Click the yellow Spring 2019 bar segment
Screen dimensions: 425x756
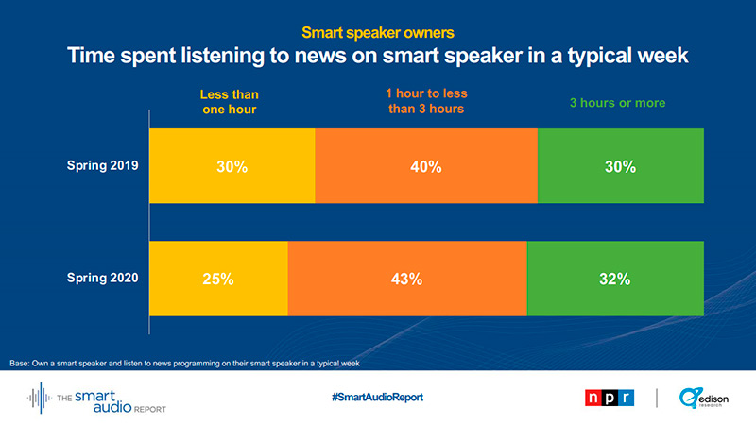232,166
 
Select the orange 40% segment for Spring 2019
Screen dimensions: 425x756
426,166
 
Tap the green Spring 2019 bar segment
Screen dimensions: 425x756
621,166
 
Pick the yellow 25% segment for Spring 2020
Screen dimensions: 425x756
218,279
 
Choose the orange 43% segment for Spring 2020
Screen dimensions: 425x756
407,279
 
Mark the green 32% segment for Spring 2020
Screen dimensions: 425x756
615,279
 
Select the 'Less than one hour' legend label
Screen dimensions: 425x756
230,102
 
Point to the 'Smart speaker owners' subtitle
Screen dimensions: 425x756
377,32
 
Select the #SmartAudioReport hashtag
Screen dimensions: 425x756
377,397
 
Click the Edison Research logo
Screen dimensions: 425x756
703,397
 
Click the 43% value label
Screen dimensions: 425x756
407,279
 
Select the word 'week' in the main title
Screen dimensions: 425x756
658,57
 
